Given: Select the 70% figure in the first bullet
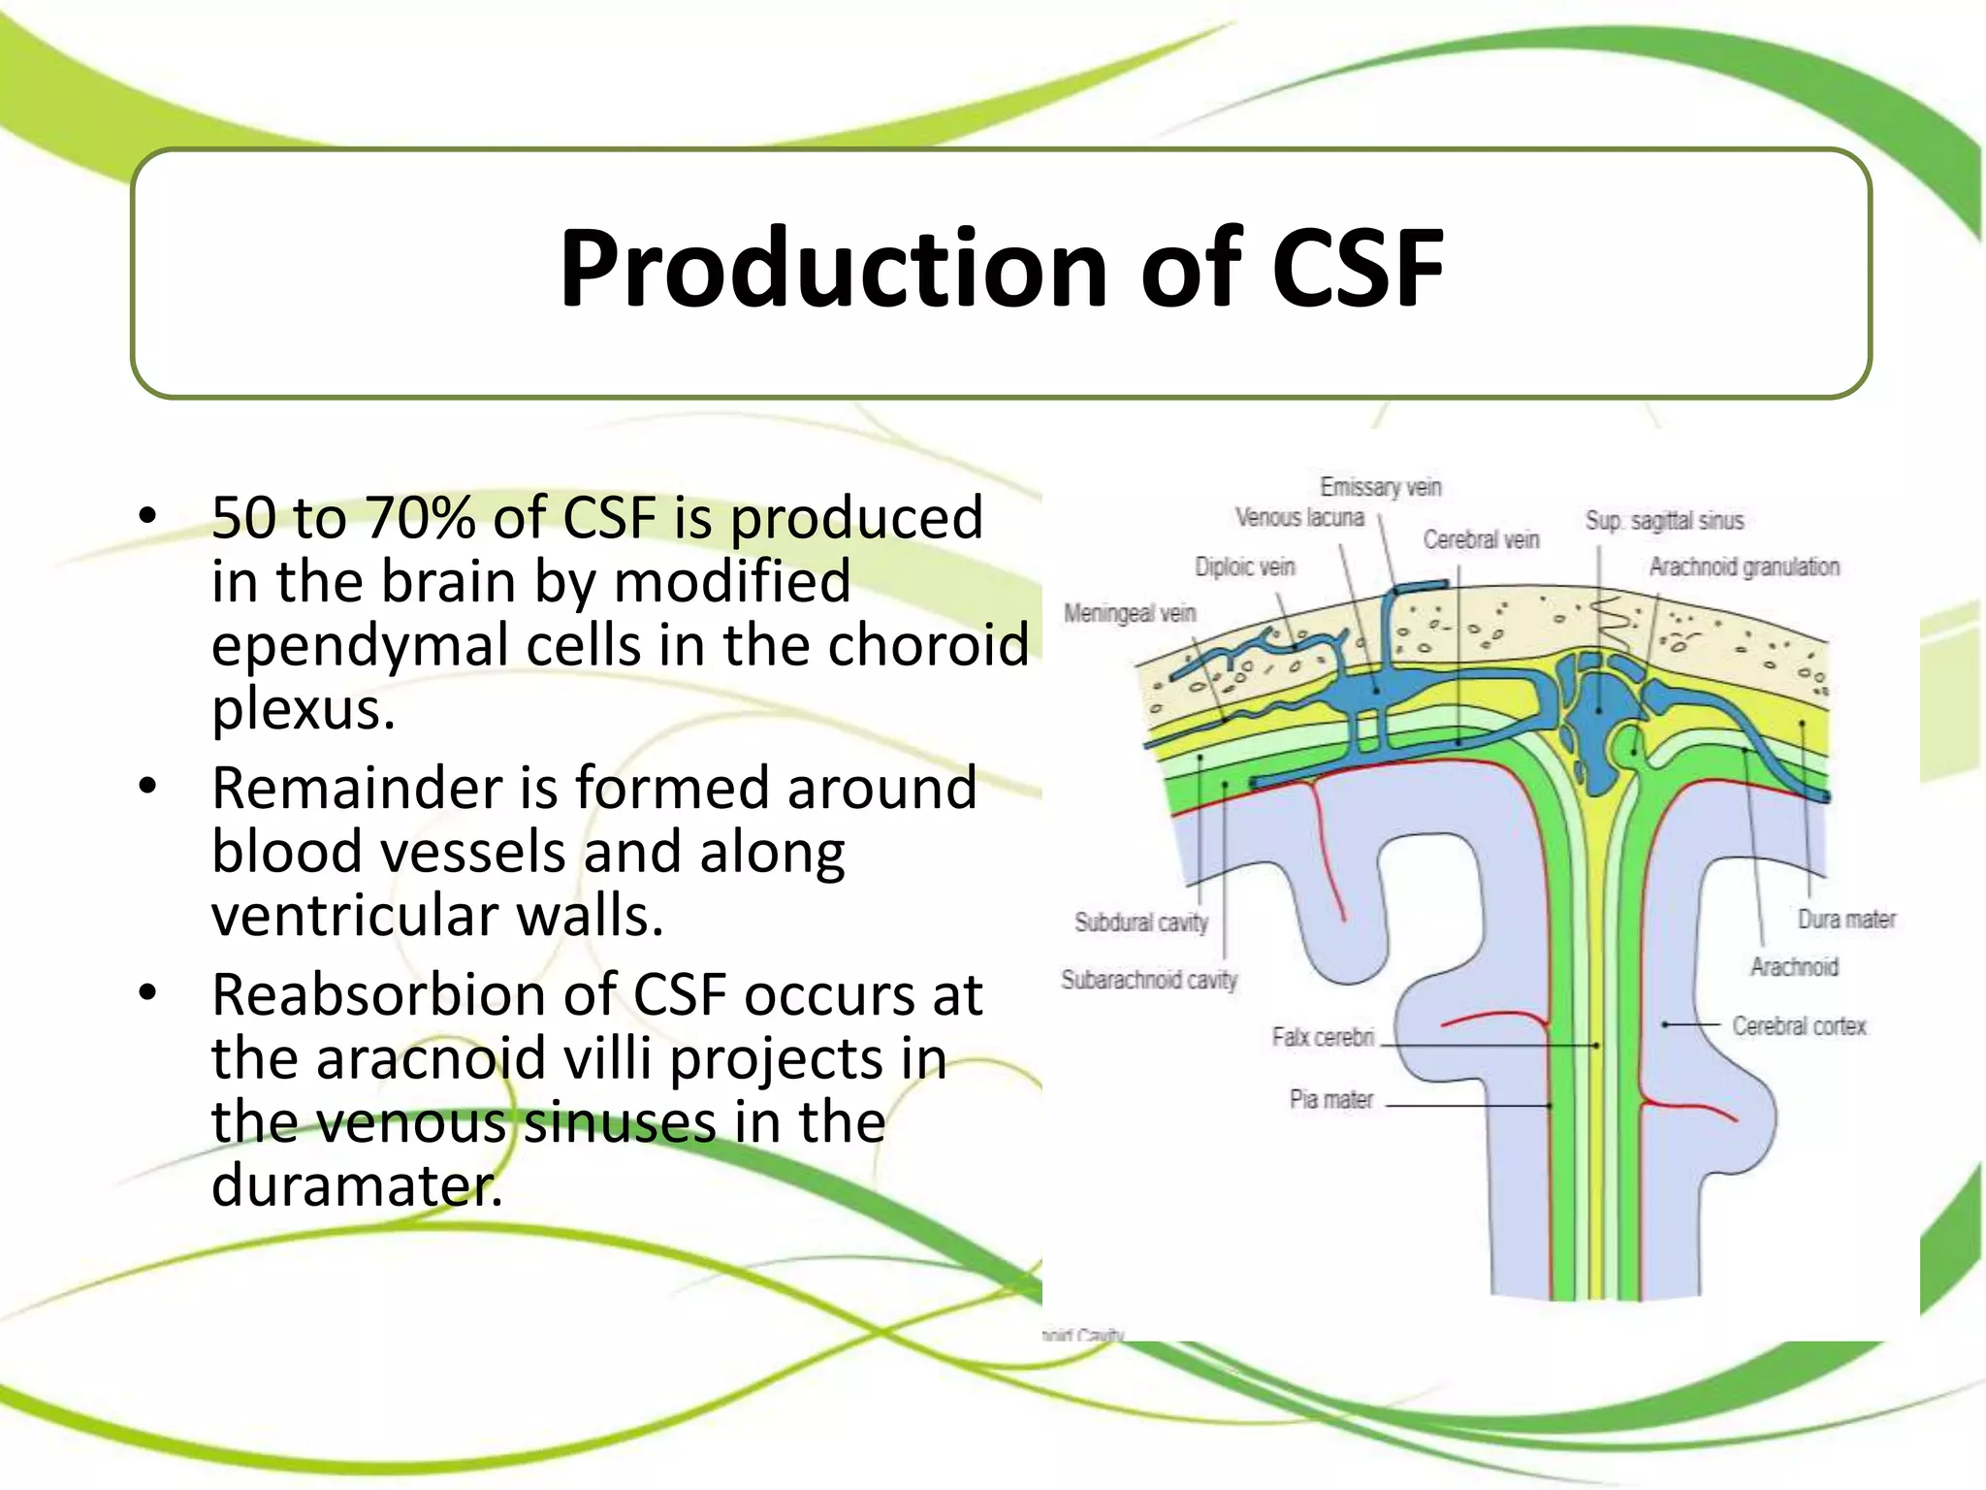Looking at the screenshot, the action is click(x=421, y=517).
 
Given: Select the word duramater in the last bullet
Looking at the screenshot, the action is click(x=357, y=1184).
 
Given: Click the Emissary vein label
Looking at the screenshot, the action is click(x=1381, y=486).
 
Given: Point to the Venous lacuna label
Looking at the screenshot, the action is click(x=1299, y=518).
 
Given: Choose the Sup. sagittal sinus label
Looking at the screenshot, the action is click(x=1664, y=521).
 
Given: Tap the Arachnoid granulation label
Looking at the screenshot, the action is click(x=1744, y=567).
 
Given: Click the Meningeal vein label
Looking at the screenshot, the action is click(x=1130, y=613).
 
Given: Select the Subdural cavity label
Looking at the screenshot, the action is click(x=1141, y=922).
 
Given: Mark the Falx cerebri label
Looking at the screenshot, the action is click(x=1323, y=1037).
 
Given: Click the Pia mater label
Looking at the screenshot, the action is click(x=1331, y=1099).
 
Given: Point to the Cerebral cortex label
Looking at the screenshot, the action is click(x=1799, y=1025).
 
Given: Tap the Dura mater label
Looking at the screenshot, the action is click(x=1846, y=919).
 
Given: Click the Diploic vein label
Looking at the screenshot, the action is click(x=1245, y=567).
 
